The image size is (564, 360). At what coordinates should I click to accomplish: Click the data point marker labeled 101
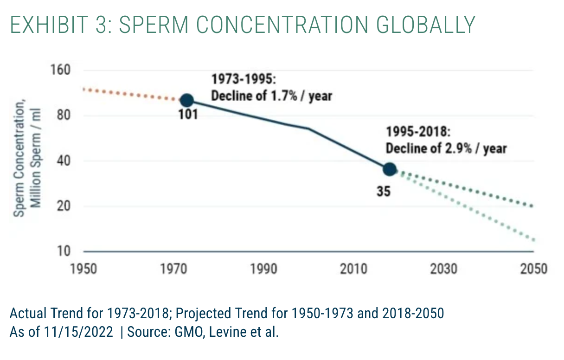(186, 100)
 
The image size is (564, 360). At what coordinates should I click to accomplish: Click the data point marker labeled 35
(390, 169)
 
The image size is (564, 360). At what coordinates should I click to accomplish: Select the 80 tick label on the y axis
(64, 116)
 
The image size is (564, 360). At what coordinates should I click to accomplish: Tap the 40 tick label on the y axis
(64, 161)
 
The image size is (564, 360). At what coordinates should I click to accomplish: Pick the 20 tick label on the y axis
(64, 206)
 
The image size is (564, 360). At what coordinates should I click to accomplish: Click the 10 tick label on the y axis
(64, 251)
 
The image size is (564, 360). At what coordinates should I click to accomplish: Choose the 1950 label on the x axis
(83, 269)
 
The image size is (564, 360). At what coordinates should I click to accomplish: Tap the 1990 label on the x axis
(263, 269)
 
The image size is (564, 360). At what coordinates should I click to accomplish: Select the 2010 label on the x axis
(353, 269)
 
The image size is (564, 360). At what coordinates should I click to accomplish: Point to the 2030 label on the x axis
(443, 269)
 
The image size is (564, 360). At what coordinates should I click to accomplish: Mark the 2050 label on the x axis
(533, 269)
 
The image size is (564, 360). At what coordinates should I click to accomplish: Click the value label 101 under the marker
(188, 114)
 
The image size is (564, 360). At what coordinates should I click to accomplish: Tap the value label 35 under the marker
(383, 191)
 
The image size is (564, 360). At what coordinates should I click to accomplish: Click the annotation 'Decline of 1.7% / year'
(272, 96)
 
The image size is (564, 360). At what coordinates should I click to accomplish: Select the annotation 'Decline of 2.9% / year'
(446, 148)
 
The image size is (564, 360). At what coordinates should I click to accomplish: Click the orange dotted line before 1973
(130, 93)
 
